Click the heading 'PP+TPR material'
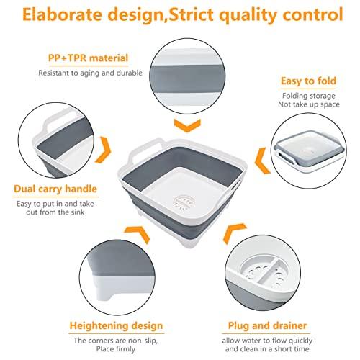click(x=89, y=58)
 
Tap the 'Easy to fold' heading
click(x=309, y=81)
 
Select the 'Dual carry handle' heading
click(x=55, y=189)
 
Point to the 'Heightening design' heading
click(x=116, y=325)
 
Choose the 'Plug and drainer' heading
click(x=267, y=325)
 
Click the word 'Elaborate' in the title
click(x=63, y=14)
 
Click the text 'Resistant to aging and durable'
click(x=91, y=73)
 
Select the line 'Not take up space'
click(x=309, y=104)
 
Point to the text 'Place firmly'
click(x=116, y=348)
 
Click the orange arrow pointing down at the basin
click(x=187, y=125)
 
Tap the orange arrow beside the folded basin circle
click(x=263, y=161)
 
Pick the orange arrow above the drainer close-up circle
click(x=233, y=232)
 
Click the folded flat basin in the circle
click(x=310, y=151)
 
